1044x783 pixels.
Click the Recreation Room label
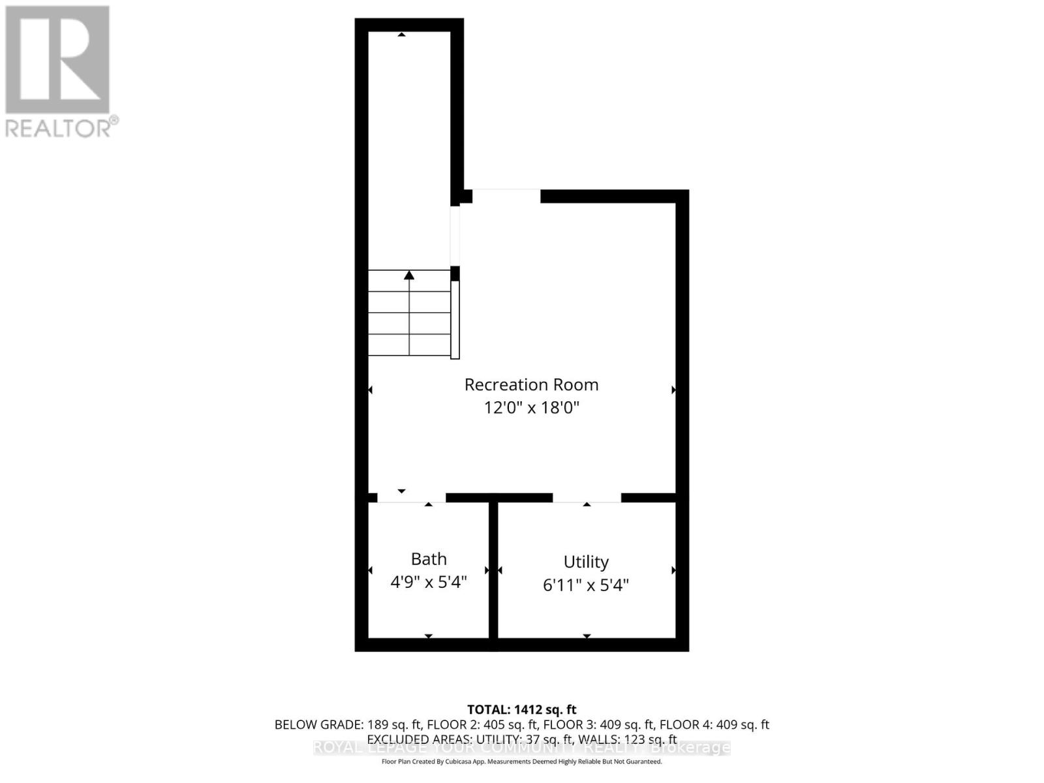tap(531, 384)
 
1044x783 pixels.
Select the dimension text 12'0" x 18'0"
tap(531, 408)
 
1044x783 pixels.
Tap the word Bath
tap(429, 559)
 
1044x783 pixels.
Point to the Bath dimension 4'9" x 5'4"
tap(429, 582)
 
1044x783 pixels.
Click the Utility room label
tap(586, 562)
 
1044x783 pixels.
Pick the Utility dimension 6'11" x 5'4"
tap(586, 585)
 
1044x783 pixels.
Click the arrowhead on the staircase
tap(409, 275)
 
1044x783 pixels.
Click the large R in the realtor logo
tap(57, 60)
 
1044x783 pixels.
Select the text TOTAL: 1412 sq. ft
tap(522, 709)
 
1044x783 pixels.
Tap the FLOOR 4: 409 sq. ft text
tap(714, 725)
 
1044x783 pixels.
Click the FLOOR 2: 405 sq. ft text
tap(483, 725)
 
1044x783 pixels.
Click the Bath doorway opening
tap(412, 498)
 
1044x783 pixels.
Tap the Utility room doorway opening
tap(587, 498)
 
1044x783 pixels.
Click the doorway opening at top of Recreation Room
tap(506, 196)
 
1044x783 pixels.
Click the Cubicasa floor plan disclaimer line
tap(522, 761)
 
